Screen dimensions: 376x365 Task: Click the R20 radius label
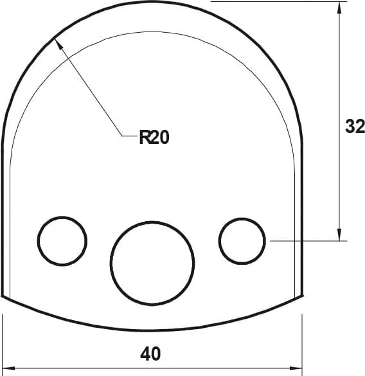point(154,137)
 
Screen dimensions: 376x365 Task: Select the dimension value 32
point(355,127)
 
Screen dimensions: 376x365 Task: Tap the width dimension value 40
point(150,354)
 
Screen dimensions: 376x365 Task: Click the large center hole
point(152,262)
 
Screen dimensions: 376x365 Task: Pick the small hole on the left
point(62,241)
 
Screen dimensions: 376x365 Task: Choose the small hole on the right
point(242,241)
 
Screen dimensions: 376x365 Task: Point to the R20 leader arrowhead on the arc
point(57,40)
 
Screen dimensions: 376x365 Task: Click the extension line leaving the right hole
point(308,241)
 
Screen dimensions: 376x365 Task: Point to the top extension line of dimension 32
point(276,2)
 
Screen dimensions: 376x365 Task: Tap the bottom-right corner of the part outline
point(302,296)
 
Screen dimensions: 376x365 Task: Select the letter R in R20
point(145,137)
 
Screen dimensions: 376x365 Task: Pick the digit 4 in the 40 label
point(145,354)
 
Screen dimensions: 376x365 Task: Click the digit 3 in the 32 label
point(350,127)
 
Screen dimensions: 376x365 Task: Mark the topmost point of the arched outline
point(152,2)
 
